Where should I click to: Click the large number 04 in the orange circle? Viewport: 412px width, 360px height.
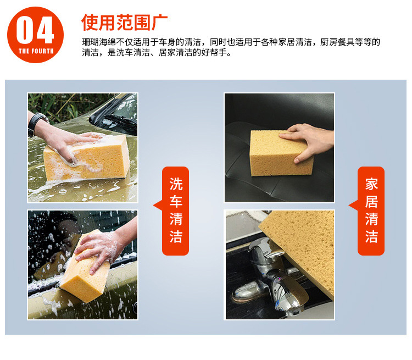(x=35, y=30)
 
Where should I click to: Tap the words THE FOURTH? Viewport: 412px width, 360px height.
(x=36, y=51)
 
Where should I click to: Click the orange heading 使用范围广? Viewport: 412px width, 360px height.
(x=124, y=23)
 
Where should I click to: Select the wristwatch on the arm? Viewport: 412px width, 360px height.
(x=37, y=124)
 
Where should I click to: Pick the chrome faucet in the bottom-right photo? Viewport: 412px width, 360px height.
(x=273, y=279)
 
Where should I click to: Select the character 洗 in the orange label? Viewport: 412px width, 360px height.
(x=176, y=184)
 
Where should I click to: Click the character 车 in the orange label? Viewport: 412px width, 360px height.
(x=176, y=201)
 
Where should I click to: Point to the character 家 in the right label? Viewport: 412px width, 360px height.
(x=371, y=184)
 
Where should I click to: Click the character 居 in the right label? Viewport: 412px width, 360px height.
(x=371, y=201)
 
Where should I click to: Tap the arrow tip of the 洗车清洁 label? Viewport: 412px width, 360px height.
(x=153, y=206)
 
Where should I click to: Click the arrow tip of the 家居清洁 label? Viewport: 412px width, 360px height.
(x=349, y=206)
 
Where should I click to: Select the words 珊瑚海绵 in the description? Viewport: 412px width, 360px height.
(x=99, y=42)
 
